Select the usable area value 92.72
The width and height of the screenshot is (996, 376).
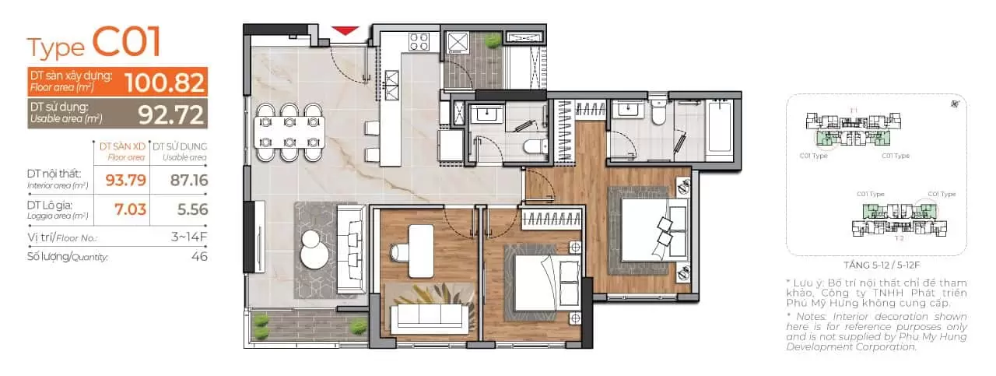(171, 114)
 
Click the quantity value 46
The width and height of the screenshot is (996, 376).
(199, 256)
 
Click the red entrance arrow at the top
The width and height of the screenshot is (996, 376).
(344, 31)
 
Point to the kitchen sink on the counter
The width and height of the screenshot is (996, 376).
(392, 77)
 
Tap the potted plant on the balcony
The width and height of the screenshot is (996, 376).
(358, 326)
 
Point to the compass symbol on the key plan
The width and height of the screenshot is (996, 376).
(954, 104)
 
